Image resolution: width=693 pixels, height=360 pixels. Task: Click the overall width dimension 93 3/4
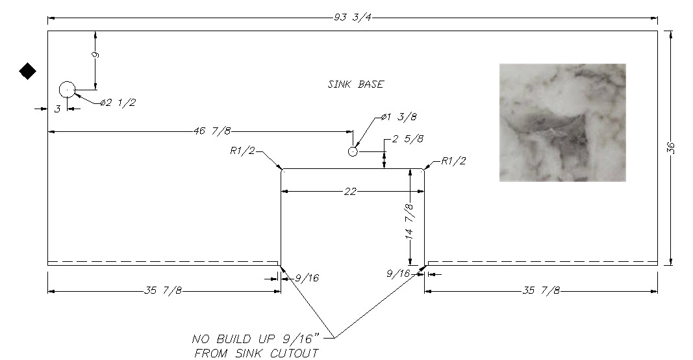(352, 18)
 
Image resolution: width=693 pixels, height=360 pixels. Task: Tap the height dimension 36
(670, 148)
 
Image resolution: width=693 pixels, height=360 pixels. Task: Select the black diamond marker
(28, 71)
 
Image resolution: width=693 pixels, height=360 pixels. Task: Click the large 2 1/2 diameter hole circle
(67, 90)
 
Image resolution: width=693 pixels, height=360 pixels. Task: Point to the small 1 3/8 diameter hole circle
(353, 151)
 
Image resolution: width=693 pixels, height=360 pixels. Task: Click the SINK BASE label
(356, 84)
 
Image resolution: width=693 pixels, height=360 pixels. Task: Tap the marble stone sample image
(562, 123)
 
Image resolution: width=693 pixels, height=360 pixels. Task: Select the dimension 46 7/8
(212, 131)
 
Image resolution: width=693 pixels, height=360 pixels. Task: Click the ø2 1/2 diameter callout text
(118, 103)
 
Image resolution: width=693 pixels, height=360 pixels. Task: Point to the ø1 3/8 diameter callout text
(399, 117)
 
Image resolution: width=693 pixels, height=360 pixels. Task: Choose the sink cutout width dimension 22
(350, 192)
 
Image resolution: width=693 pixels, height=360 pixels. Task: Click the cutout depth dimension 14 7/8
(410, 221)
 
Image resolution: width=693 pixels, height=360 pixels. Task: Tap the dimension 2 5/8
(407, 139)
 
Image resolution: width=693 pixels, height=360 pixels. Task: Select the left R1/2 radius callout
(243, 150)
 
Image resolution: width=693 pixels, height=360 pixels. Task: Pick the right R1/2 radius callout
(453, 161)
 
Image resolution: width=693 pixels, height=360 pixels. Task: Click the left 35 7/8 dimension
(162, 290)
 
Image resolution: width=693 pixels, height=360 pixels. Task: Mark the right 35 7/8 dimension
(541, 290)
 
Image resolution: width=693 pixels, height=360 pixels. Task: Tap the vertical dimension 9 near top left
(95, 55)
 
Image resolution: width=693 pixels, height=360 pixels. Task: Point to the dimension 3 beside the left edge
(57, 109)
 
